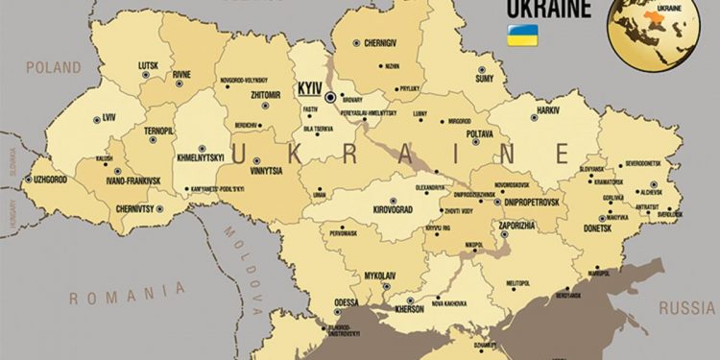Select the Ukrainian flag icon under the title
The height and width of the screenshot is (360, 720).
coord(521,36)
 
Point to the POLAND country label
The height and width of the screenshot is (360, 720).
coord(54,68)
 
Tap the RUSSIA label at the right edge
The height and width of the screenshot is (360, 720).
coord(687,309)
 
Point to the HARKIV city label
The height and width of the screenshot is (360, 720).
coord(548,111)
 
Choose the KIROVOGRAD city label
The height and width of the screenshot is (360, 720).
coord(388,208)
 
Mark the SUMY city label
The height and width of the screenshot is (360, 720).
coord(485,80)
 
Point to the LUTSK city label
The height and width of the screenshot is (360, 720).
coord(147,65)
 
